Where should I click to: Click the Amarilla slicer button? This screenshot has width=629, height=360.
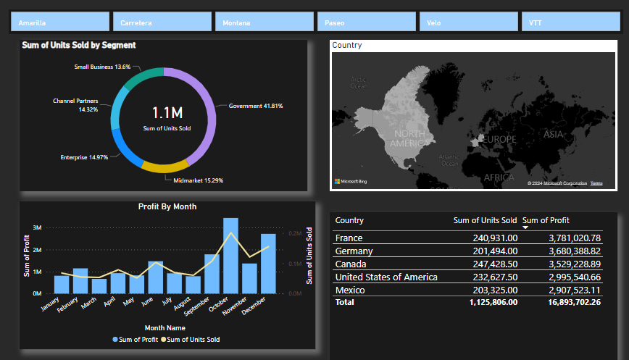point(59,22)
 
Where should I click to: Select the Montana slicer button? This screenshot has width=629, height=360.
point(264,22)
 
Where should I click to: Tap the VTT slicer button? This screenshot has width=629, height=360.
point(570,22)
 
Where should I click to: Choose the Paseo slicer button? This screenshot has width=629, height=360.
point(366,22)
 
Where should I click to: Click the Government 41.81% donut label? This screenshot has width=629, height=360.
point(256,106)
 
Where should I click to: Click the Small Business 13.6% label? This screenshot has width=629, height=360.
point(102,67)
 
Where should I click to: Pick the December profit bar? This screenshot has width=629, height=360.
point(268,264)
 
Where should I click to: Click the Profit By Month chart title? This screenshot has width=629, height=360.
point(167,206)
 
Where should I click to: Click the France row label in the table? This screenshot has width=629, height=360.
point(349,238)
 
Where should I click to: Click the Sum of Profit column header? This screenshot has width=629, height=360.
point(546,220)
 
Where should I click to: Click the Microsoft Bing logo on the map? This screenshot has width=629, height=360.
point(351,181)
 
